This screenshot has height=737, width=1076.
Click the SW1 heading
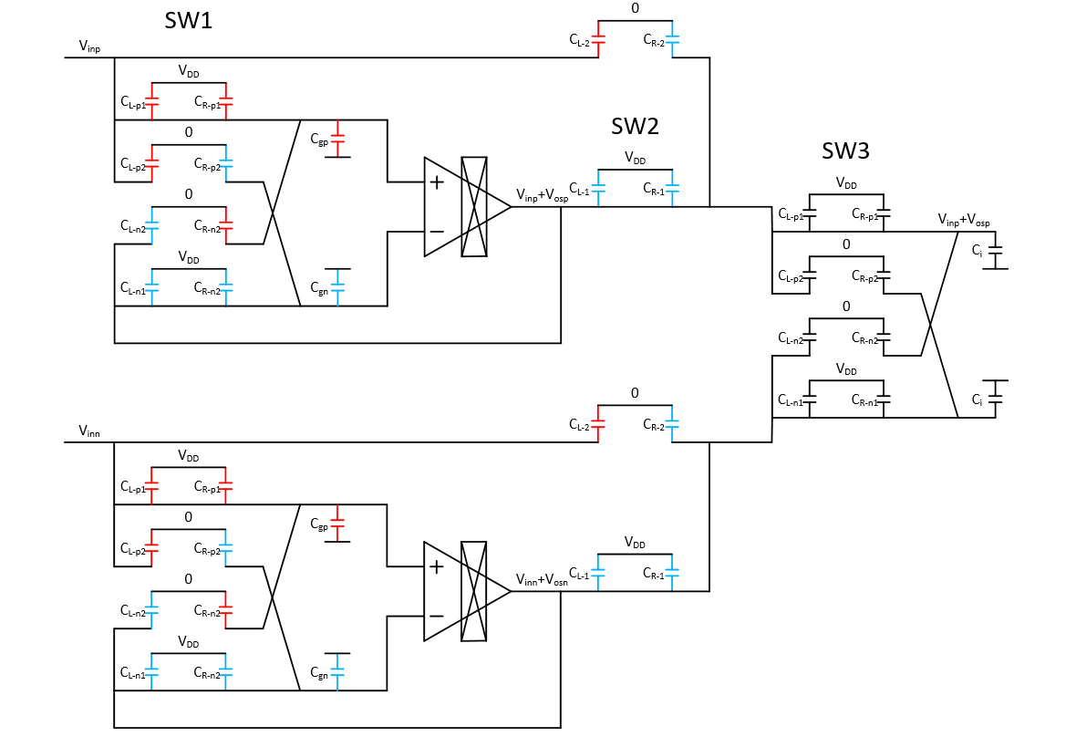(189, 20)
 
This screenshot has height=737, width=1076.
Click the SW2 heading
(635, 126)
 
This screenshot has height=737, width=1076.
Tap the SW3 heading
(845, 151)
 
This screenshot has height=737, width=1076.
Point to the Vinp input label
(90, 45)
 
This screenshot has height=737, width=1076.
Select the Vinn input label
(90, 430)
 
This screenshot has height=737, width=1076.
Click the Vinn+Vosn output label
(542, 580)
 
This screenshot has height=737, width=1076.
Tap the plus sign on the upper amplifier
(437, 182)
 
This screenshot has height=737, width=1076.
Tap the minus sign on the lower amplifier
(437, 616)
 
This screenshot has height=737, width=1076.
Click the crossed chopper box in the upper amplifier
(474, 207)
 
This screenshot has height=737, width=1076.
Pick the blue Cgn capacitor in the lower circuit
(337, 671)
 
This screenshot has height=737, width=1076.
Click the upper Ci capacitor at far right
(995, 255)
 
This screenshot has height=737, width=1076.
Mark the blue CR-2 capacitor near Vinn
(672, 425)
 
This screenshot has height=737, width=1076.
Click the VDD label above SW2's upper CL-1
(635, 159)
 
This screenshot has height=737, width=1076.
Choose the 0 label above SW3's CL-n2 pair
(846, 306)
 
